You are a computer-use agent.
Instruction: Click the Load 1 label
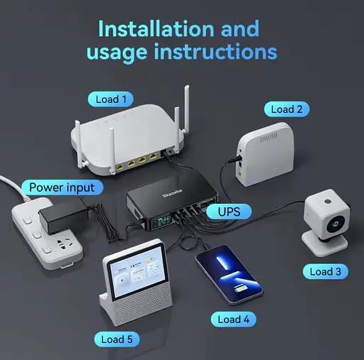[112, 99]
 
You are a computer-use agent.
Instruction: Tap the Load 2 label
[287, 109]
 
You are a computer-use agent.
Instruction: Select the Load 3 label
[326, 271]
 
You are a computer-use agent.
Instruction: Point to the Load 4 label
[233, 320]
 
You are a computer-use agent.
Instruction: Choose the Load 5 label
[117, 339]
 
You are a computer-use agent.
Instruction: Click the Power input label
[61, 187]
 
